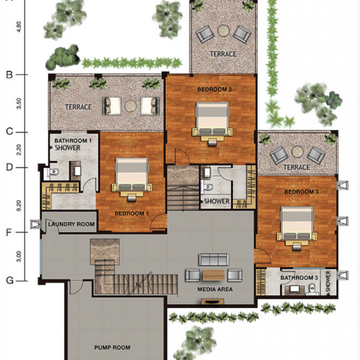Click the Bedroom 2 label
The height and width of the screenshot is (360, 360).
214,89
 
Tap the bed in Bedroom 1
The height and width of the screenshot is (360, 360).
132,179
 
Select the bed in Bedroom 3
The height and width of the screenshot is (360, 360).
297,229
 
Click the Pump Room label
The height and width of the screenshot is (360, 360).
112,347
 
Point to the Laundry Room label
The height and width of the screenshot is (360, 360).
71,224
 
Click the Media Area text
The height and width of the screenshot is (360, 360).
215,289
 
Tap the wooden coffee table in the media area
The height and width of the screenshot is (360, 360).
214,275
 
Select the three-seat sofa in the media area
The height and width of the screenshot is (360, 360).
214,259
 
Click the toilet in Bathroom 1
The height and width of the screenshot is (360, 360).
53,172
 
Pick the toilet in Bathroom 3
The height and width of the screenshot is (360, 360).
312,289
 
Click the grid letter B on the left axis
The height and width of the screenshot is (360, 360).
9,74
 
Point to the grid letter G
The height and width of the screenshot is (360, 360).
10,280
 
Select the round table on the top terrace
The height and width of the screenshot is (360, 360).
223,31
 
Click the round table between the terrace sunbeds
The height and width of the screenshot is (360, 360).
131,106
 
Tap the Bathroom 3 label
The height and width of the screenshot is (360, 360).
299,278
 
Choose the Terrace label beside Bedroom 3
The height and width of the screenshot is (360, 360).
296,167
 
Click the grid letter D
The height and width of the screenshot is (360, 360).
9,167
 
